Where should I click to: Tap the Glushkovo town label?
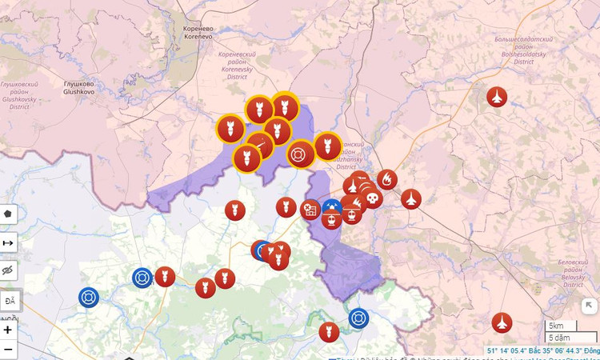pos(79,87)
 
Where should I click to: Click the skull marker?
pos(371,197)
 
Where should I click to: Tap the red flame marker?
pos(386,179)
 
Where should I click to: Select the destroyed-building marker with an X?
pos(310,210)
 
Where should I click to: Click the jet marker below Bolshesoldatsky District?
pos(497,98)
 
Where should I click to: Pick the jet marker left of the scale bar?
pos(502,322)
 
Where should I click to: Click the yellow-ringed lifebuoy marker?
pos(300,153)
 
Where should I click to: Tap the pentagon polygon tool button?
pos(9,214)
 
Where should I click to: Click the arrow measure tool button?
pos(9,242)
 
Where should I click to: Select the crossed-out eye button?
pos(9,271)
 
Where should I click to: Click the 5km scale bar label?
pos(557,326)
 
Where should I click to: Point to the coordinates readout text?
pos(542,350)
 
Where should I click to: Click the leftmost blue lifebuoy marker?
pos(89,298)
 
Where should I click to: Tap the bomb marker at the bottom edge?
pos(329,332)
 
